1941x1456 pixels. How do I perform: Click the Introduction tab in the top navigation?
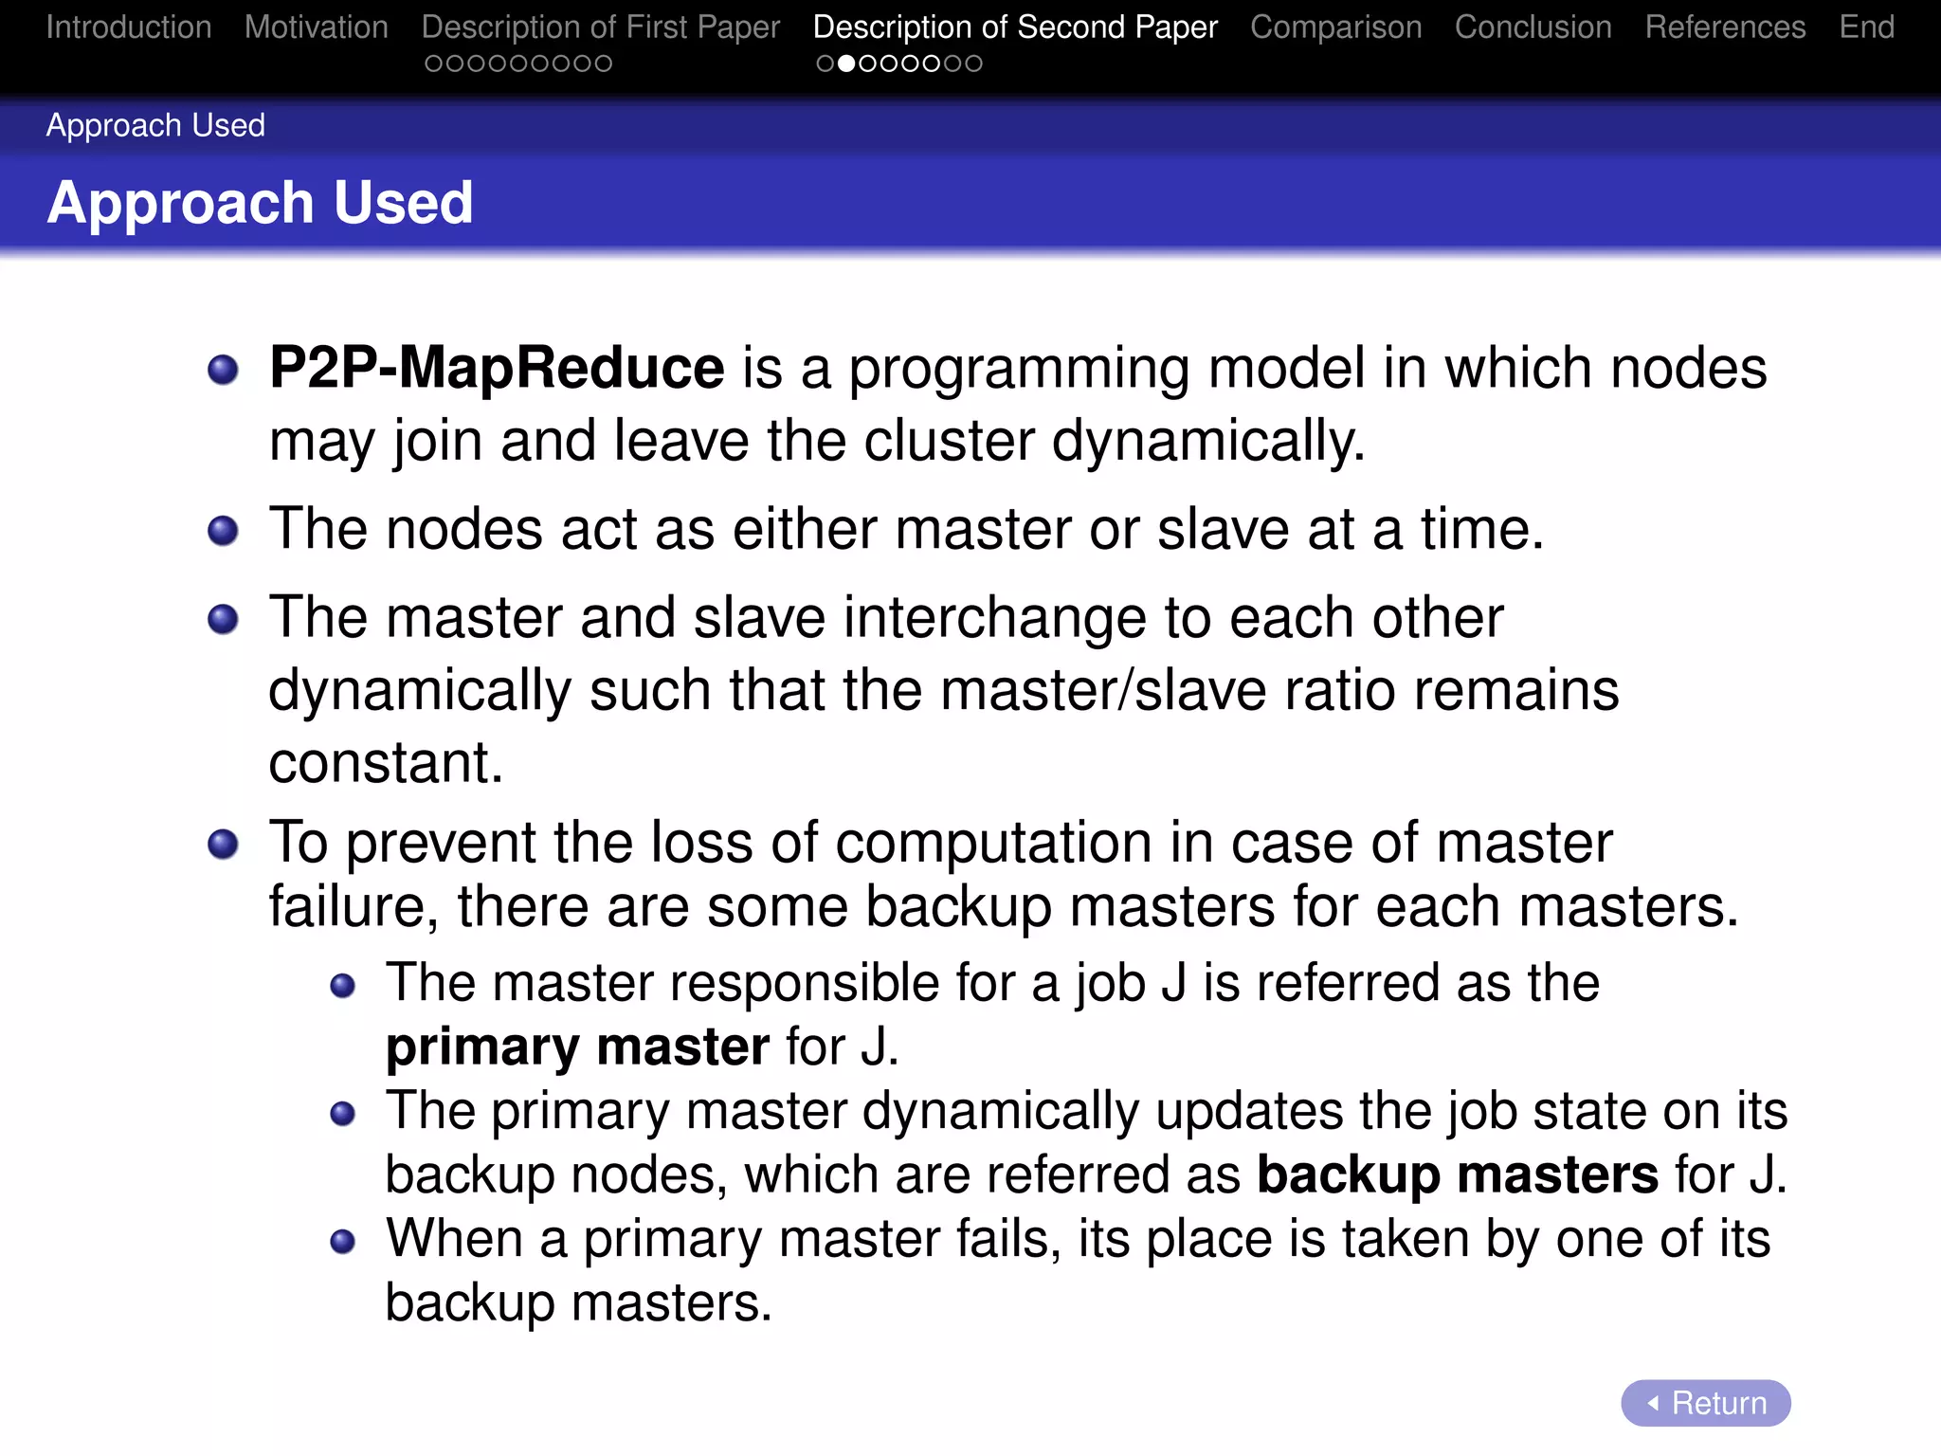tap(129, 27)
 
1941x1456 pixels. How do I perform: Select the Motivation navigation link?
tap(317, 27)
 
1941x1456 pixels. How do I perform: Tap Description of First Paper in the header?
tap(601, 27)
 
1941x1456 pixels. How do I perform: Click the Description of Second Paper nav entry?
tap(1015, 27)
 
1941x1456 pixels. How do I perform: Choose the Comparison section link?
tap(1335, 27)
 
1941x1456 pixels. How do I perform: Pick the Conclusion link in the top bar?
tap(1533, 27)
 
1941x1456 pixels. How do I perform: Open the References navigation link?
tap(1725, 27)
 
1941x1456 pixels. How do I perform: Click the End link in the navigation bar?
tap(1866, 27)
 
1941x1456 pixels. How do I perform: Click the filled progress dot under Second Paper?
tap(846, 64)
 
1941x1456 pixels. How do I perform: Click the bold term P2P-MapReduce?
tap(497, 368)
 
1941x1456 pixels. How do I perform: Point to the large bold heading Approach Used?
tap(260, 203)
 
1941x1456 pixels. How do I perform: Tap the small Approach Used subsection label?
tap(155, 125)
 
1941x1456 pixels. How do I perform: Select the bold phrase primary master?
tap(577, 1047)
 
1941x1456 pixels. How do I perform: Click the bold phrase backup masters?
tap(1457, 1174)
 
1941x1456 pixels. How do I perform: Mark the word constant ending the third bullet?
tap(384, 762)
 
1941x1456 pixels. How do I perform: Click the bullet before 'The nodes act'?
tap(223, 531)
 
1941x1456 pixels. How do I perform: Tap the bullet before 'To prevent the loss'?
tap(223, 844)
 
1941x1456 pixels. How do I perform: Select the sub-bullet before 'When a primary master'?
tap(342, 1241)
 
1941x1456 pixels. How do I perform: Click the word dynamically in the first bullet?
tap(1207, 442)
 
